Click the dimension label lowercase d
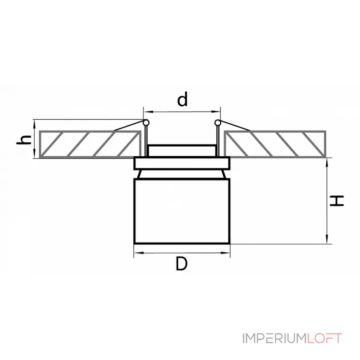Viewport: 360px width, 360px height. [182, 99]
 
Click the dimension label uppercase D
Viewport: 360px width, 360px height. [181, 265]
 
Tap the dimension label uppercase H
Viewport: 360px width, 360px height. [337, 201]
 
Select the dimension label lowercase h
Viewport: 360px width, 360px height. [25, 139]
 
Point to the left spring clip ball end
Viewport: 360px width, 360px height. [145, 122]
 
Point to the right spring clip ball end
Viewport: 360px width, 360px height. [218, 122]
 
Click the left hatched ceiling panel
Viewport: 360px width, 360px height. [88, 144]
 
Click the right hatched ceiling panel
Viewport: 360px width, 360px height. [274, 144]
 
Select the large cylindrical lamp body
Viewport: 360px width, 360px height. [182, 211]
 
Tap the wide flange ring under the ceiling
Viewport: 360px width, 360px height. [182, 163]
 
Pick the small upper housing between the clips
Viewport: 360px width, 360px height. [182, 151]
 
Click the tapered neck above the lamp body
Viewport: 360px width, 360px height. [182, 174]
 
